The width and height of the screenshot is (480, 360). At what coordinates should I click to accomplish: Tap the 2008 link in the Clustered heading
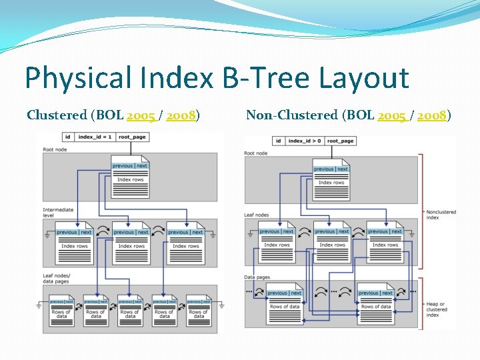coord(181,115)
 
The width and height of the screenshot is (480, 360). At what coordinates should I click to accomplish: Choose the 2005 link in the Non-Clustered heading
coord(391,115)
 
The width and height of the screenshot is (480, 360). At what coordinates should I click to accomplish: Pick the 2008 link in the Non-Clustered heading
coord(432,115)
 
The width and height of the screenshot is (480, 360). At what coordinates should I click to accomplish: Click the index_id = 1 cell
coord(95,137)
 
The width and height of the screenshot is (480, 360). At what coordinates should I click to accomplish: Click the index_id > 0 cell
coord(305,141)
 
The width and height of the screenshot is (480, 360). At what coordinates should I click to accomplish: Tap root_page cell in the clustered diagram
coord(133,137)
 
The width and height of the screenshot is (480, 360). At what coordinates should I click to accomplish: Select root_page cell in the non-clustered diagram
coord(340,141)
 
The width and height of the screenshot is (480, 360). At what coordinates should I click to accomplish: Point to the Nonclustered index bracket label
coord(441,214)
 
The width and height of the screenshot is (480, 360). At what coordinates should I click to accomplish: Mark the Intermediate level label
coord(59,212)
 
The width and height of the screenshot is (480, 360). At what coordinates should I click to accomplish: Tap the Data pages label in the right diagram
coord(257,277)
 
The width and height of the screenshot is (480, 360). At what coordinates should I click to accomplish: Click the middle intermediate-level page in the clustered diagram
coord(131,244)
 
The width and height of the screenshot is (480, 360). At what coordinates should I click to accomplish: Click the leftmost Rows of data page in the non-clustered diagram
coord(285,304)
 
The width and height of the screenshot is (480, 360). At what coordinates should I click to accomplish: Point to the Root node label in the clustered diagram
coord(55,149)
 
